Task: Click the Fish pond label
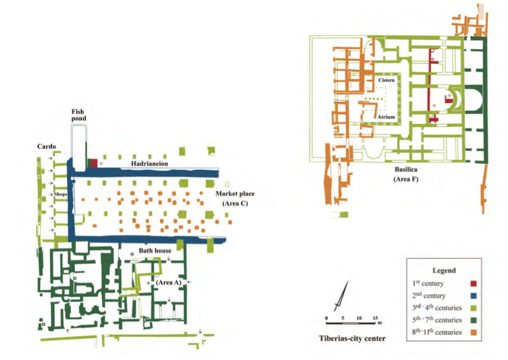pyautogui.click(x=77, y=115)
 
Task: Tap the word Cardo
pyautogui.click(x=45, y=146)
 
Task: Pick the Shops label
pyautogui.click(x=61, y=193)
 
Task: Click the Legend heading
pyautogui.click(x=445, y=270)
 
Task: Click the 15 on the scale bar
pyautogui.click(x=375, y=318)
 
